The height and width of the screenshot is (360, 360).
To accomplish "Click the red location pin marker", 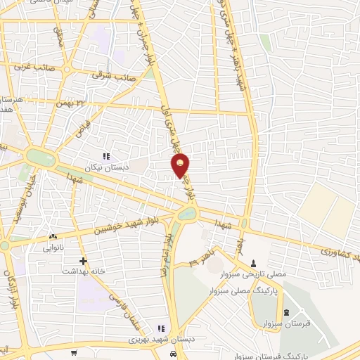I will [x=180, y=165].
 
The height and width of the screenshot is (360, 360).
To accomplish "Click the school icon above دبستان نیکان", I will [x=105, y=157].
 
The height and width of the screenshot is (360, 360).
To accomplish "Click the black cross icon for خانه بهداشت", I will [x=84, y=260].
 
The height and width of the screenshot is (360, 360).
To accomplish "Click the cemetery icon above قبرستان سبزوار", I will [x=285, y=313].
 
